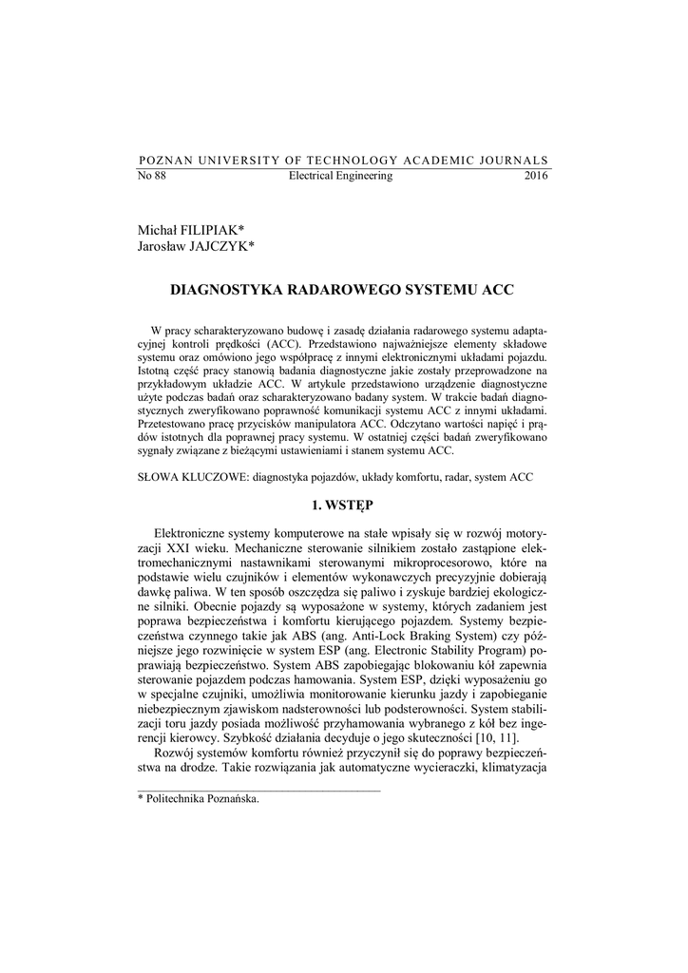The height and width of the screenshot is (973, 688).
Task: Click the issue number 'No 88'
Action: (152, 177)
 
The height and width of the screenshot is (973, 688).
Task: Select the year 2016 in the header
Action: (536, 177)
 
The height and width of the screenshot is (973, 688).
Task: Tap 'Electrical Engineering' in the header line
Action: (340, 177)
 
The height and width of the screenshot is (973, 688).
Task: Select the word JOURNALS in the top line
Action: (513, 161)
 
